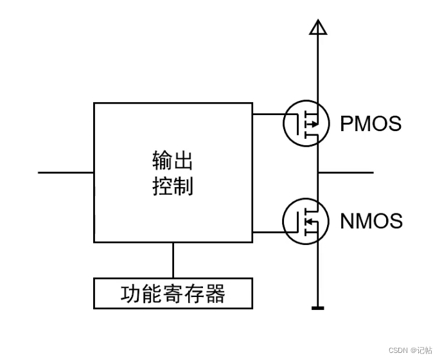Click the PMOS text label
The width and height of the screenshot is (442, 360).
[x=370, y=123]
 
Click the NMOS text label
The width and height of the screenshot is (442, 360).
[x=371, y=221]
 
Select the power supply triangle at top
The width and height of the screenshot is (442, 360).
[x=317, y=27]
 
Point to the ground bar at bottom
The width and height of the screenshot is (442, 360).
[x=317, y=309]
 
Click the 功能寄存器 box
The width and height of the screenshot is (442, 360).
[x=173, y=293]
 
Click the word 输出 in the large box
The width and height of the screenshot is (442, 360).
[x=173, y=159]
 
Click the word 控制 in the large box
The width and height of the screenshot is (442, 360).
[x=173, y=186]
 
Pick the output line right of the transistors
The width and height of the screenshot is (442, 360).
[x=347, y=172]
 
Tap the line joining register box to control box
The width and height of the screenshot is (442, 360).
[x=173, y=260]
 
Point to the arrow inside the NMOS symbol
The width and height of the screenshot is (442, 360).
[x=309, y=222]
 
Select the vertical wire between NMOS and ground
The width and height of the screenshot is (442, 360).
[x=317, y=276]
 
